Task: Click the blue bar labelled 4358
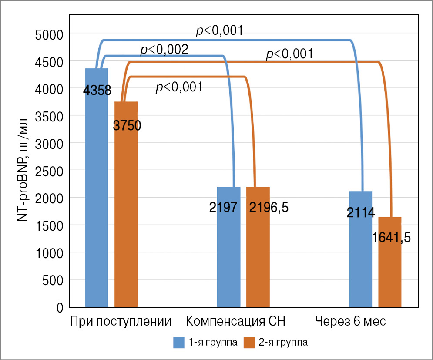click(x=97, y=196)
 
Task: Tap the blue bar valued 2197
click(x=228, y=252)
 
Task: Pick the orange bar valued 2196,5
click(x=258, y=252)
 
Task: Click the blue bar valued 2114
click(x=361, y=257)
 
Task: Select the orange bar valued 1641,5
click(x=390, y=270)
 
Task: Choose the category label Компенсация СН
click(x=236, y=322)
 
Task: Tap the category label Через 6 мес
click(x=351, y=322)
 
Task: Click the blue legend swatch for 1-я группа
click(x=178, y=343)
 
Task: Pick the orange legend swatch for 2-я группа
click(x=249, y=343)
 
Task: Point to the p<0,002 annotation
click(x=164, y=50)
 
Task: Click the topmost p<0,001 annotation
click(x=218, y=30)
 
